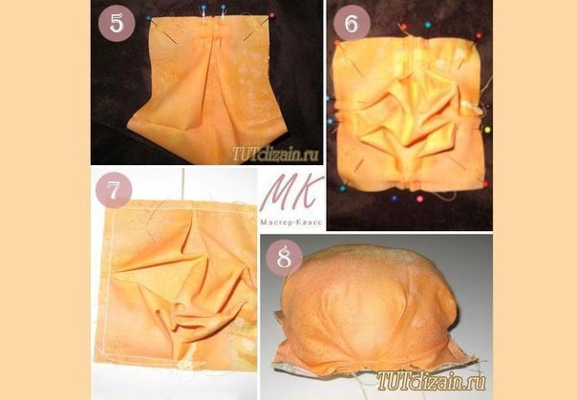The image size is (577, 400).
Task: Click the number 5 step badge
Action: (117, 23)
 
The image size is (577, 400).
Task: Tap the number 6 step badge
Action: (352, 23)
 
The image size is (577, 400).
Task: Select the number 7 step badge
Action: (114, 190)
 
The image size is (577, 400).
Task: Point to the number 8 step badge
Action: (284, 258)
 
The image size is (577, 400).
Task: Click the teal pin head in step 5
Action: (148, 17)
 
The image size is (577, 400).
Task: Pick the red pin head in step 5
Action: (272, 15)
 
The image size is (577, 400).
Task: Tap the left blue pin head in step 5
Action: (203, 7)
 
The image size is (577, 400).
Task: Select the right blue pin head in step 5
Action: (223, 7)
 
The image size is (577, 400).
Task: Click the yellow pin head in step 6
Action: (487, 130)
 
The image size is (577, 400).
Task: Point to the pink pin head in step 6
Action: (419, 199)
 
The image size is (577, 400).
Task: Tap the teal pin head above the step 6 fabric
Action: (428, 25)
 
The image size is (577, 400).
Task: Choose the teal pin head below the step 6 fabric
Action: (343, 189)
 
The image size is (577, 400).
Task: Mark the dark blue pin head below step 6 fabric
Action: (395, 199)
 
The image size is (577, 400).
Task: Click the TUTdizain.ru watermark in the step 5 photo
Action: (275, 155)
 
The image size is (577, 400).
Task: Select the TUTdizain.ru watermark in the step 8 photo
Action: (431, 380)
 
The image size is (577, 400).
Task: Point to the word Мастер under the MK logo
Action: (272, 222)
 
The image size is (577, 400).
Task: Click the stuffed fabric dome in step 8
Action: (368, 308)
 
